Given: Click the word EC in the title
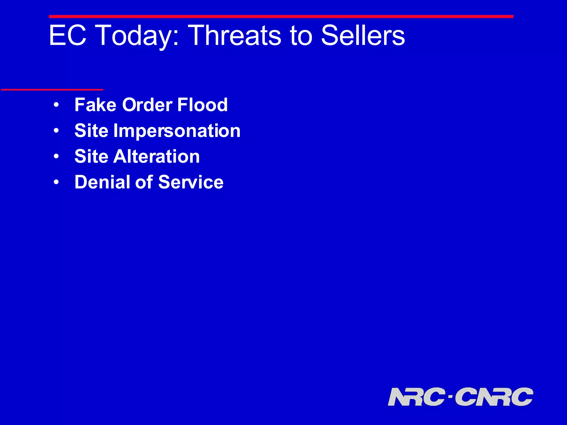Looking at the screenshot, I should pyautogui.click(x=68, y=35).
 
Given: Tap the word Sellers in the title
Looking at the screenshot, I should pyautogui.click(x=363, y=35).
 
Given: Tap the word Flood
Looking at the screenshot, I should pyautogui.click(x=202, y=105).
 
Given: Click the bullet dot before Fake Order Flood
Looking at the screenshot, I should pyautogui.click(x=56, y=105).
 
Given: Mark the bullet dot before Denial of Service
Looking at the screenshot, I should pyautogui.click(x=56, y=182).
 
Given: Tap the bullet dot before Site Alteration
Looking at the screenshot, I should pyautogui.click(x=56, y=157).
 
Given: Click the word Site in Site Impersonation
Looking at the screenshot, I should pyautogui.click(x=91, y=131).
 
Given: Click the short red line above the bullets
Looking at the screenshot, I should pyautogui.click(x=52, y=90).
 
